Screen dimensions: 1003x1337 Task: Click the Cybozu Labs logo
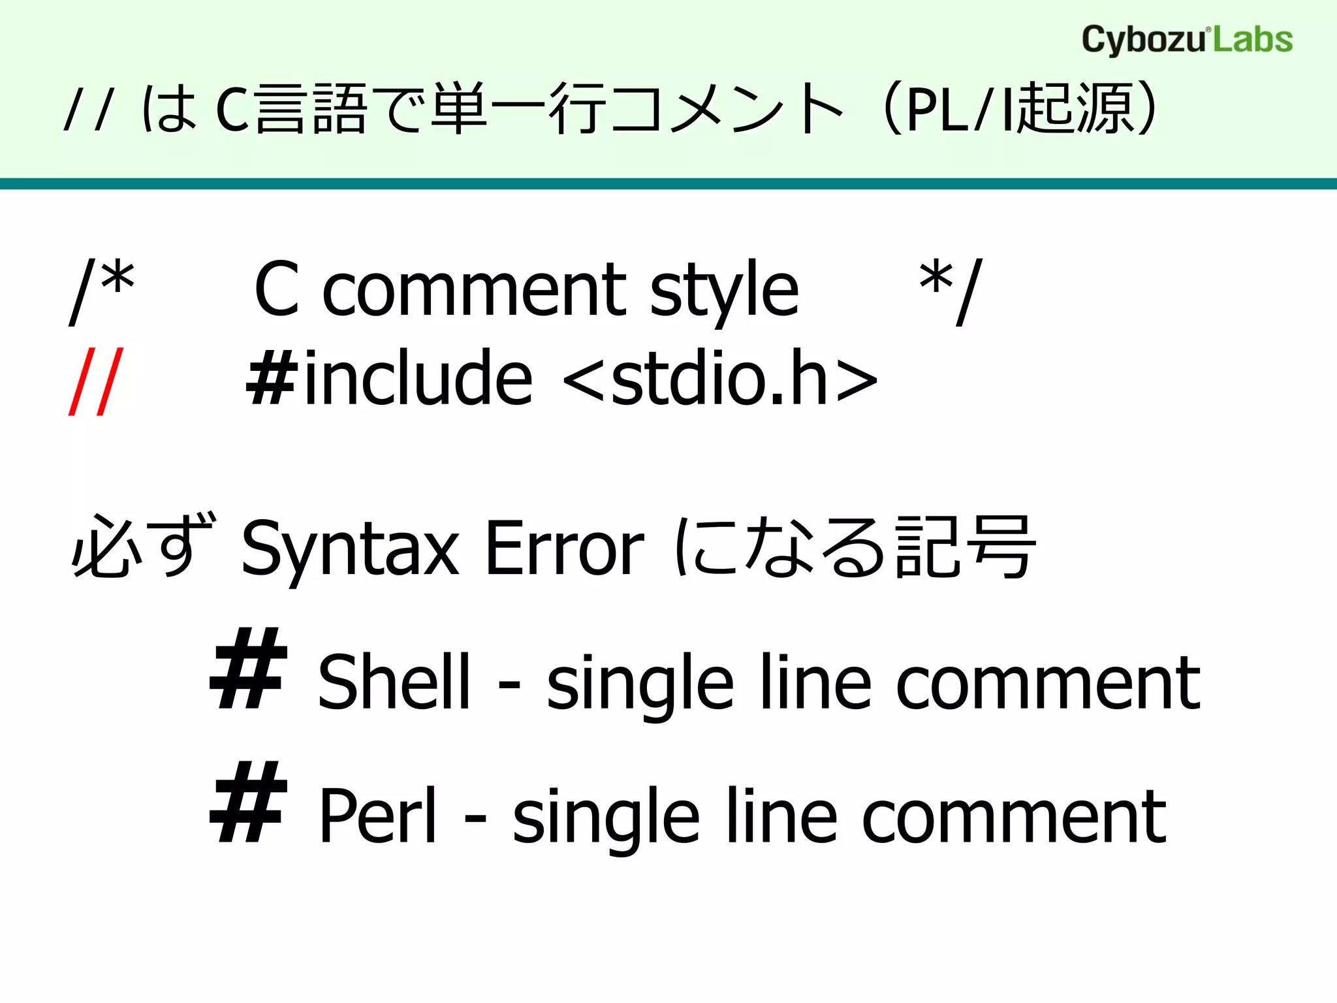point(1187,40)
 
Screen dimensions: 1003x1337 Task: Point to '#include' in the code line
point(389,379)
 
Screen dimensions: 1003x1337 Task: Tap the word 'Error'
point(565,549)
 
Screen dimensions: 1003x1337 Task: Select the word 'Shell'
point(394,682)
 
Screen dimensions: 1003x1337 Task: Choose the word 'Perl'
point(377,816)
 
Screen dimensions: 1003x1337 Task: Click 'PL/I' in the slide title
point(960,109)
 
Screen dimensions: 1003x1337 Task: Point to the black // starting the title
point(89,109)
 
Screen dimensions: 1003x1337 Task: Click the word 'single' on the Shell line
point(640,684)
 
